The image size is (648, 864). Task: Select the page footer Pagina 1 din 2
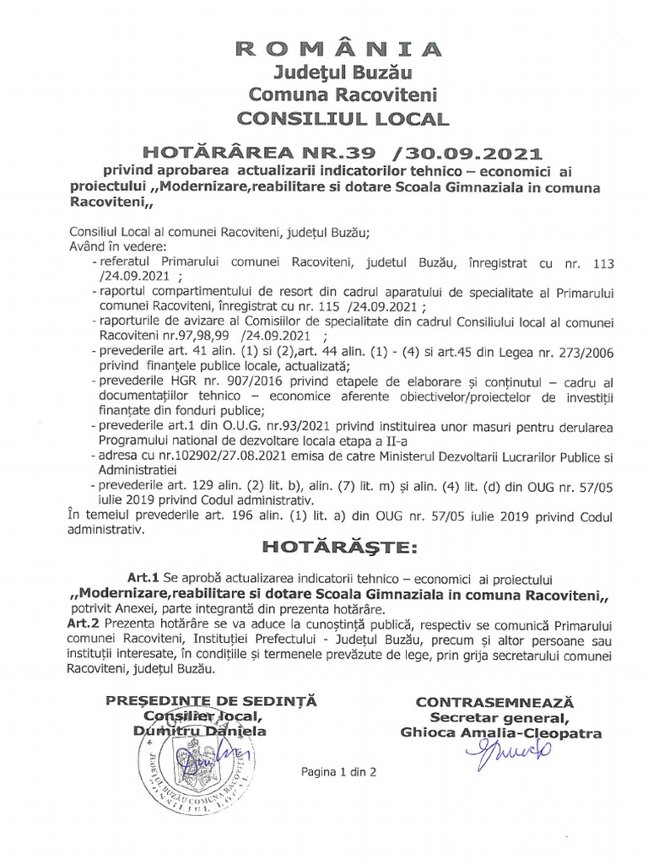(338, 771)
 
